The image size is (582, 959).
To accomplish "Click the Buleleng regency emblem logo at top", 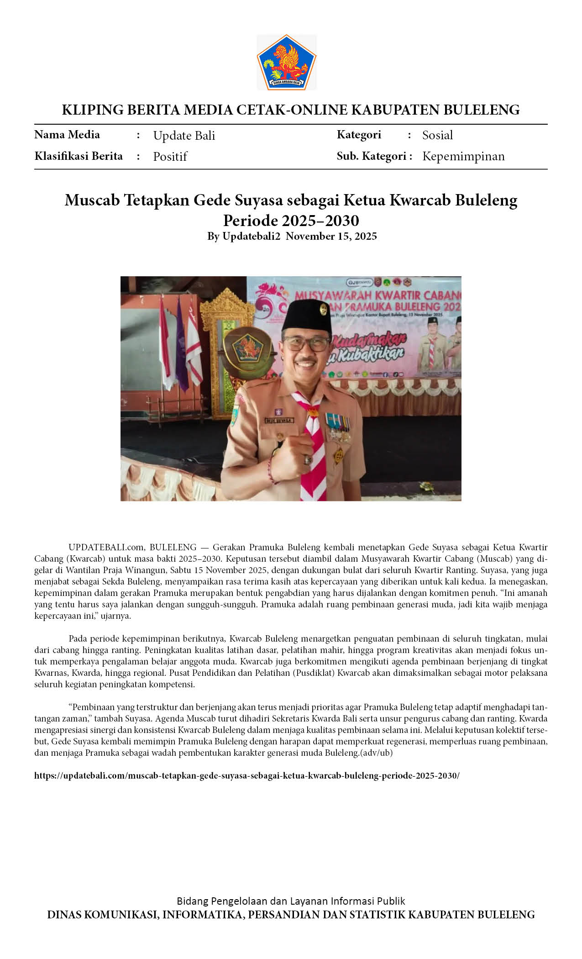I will pos(286,62).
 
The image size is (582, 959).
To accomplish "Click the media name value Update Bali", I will pos(184,136).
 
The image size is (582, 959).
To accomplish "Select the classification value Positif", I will pos(170,157).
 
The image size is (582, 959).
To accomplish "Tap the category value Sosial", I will pos(437,135).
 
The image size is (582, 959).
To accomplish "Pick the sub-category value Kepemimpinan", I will pos(463,156).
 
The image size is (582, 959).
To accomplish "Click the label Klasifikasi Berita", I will pos(79,156).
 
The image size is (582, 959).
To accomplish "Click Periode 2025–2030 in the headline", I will pos(291,221).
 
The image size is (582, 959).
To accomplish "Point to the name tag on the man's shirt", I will pos(279,420).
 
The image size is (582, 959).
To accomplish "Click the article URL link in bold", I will pos(246,776).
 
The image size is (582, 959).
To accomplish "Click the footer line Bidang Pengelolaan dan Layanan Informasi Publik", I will pos(291,901).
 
